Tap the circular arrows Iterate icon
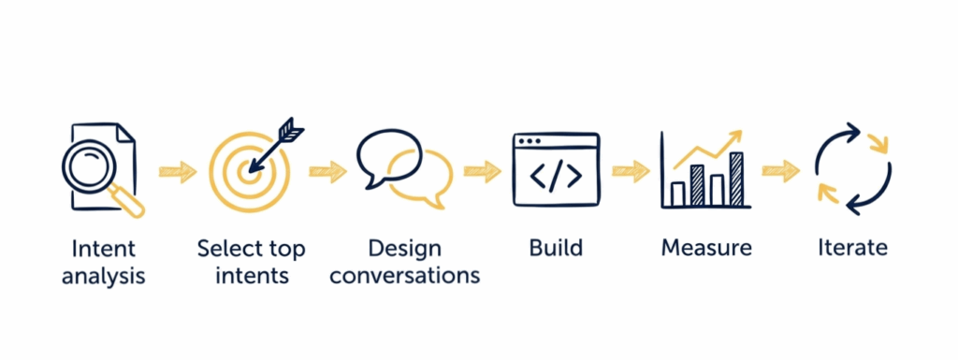[852, 169]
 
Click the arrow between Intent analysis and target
[178, 171]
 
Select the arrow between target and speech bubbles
[327, 171]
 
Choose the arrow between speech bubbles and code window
[483, 171]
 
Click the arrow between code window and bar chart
[631, 171]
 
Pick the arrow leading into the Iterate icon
[780, 171]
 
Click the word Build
[556, 249]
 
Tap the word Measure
[706, 249]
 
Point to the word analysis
[103, 276]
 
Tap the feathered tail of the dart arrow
[292, 132]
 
